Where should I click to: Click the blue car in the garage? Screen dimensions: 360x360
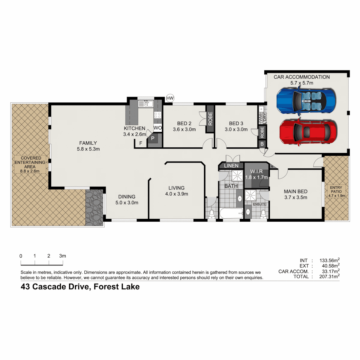click(x=306, y=100)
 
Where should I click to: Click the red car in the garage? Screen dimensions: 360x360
click(x=308, y=132)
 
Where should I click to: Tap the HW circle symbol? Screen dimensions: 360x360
click(x=170, y=98)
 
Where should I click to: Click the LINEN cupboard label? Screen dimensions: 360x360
click(x=231, y=166)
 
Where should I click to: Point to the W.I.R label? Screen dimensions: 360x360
click(x=256, y=172)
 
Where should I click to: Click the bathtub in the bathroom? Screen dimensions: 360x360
click(x=231, y=213)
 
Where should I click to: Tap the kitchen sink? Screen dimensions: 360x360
click(x=146, y=104)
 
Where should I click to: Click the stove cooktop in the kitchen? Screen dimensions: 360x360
click(x=157, y=115)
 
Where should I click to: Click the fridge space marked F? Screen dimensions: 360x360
click(x=141, y=143)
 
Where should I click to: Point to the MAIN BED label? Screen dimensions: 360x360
click(x=295, y=191)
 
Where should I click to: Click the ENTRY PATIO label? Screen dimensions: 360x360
click(x=336, y=190)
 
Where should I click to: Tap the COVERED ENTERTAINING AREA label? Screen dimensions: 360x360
click(x=31, y=162)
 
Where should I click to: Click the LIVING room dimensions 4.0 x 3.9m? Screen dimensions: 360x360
click(x=176, y=194)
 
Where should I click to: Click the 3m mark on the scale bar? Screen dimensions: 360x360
click(x=62, y=256)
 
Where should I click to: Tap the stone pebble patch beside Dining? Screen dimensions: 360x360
click(x=94, y=207)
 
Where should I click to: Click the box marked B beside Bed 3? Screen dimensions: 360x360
click(x=262, y=144)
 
